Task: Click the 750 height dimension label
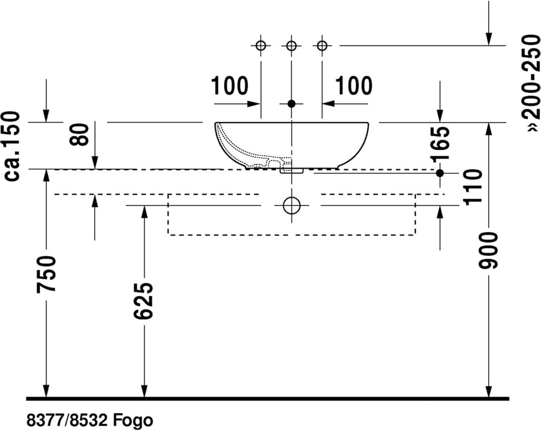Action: click(x=46, y=274)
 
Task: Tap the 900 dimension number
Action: click(x=489, y=251)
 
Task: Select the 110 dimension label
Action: click(x=472, y=187)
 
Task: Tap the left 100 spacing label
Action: click(x=229, y=86)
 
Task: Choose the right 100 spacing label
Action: click(x=354, y=86)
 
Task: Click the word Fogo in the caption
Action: click(x=133, y=420)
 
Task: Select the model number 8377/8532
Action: click(x=68, y=420)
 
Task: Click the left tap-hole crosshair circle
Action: click(x=261, y=45)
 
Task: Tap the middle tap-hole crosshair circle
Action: click(x=292, y=45)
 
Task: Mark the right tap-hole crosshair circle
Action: click(x=322, y=45)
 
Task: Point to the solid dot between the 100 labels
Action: click(x=292, y=104)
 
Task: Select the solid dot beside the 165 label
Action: click(x=440, y=173)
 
